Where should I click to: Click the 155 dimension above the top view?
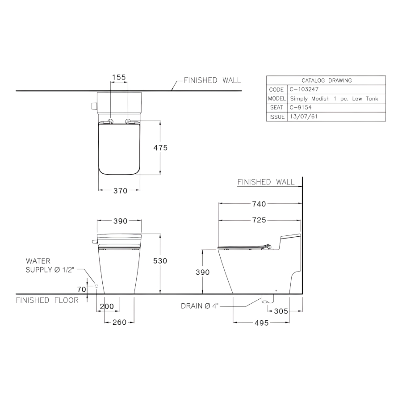click(119, 77)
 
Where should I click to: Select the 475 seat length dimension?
click(160, 148)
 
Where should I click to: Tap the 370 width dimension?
click(120, 191)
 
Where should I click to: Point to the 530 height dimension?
click(160, 261)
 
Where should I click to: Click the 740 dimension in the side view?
click(259, 204)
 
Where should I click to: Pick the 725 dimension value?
click(259, 220)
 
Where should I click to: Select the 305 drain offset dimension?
click(281, 311)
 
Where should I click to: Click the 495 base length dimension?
click(261, 323)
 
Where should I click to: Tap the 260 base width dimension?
click(119, 322)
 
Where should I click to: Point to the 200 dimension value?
click(107, 306)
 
